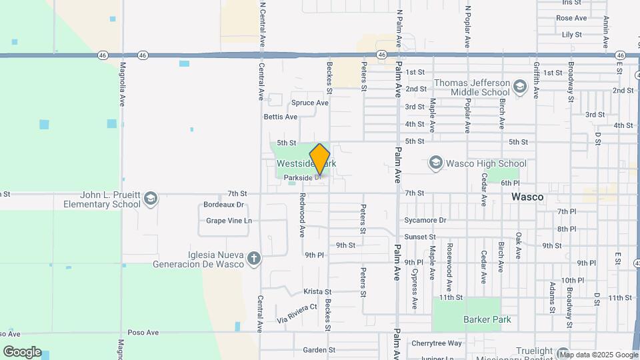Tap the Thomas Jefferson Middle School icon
[520, 86]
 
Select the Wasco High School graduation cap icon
[436, 163]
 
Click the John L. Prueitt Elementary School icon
[151, 199]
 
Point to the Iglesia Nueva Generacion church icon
[253, 259]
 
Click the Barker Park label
[487, 319]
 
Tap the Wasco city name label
[527, 197]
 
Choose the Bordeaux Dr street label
[223, 205]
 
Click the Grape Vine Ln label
[229, 220]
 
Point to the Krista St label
[317, 291]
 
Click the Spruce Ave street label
[310, 103]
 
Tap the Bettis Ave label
[281, 117]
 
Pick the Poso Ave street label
[143, 332]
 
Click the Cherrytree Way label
[437, 343]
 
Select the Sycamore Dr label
[425, 220]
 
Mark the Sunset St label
[420, 237]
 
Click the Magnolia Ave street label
[123, 85]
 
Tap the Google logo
[22, 352]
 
